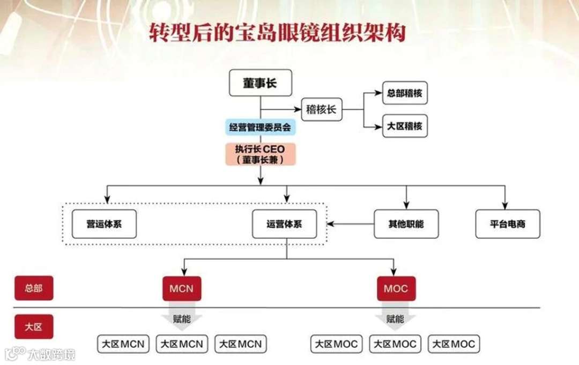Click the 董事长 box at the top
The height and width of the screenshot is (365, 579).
[260, 83]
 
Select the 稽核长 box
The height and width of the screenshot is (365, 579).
[321, 109]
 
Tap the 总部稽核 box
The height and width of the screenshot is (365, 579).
[405, 93]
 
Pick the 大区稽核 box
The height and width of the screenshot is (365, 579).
[405, 126]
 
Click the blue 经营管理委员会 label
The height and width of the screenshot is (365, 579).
[260, 128]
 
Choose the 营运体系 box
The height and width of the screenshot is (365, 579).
[104, 224]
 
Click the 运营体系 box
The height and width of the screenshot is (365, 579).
[284, 224]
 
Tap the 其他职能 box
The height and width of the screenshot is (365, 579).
[406, 224]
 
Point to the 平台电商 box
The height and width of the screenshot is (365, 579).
[508, 224]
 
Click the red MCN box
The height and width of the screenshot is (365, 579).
[182, 289]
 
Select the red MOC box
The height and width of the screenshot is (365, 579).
[396, 289]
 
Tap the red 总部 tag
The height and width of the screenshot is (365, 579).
[33, 288]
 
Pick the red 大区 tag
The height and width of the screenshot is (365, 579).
[33, 326]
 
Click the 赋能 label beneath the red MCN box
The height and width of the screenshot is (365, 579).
[182, 318]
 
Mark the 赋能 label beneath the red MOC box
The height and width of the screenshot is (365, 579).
[395, 318]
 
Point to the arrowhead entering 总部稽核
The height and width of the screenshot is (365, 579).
[378, 93]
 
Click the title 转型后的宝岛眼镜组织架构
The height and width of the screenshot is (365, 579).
[277, 33]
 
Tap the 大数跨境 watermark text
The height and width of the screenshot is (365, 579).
[51, 354]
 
